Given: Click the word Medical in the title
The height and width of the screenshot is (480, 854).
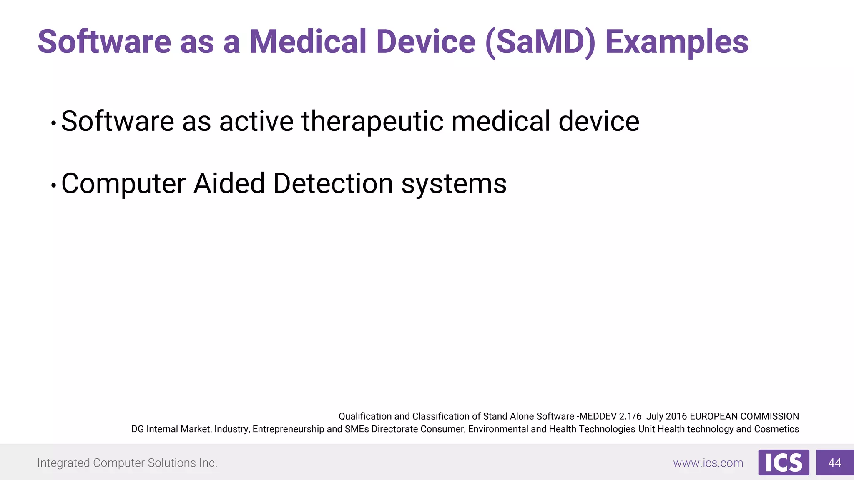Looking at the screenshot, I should pos(308,42).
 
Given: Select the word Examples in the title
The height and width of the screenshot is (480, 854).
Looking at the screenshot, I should pos(676,42).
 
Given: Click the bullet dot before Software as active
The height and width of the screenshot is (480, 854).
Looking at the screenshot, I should pos(53,123).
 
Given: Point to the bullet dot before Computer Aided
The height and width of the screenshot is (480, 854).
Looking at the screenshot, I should pos(53,185).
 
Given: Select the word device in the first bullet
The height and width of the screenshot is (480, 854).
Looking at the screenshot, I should pos(598,121).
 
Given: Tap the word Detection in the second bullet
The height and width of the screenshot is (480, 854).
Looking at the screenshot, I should pos(333,183).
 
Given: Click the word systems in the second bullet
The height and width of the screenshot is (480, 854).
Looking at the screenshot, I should pos(454,184).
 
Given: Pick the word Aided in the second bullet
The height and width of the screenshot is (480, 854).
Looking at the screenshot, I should pos(229,183).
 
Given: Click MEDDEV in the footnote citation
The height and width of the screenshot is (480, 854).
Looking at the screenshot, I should pos(598,416).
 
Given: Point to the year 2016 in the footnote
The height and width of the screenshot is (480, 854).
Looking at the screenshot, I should pos(676,416).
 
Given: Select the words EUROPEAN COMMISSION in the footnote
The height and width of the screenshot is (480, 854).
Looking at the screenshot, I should pos(744,416).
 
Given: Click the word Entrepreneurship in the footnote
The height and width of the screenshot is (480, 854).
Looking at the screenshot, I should pos(288,429).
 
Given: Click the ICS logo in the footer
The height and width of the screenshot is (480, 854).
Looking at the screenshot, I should pos(784,462).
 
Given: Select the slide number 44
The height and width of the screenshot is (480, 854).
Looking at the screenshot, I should pos(834,462).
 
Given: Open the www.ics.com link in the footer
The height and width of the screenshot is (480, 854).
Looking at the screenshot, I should pos(708,463).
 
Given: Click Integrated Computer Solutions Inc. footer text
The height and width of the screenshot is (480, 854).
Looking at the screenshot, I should pos(127,463).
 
